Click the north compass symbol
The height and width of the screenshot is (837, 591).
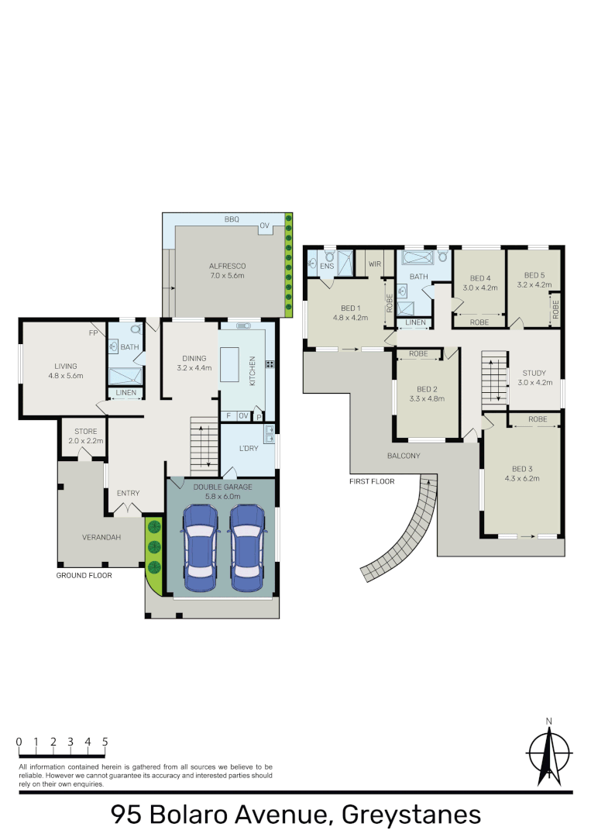tap(549, 753)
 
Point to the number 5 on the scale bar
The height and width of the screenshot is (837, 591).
tap(105, 742)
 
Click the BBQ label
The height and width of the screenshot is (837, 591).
tap(232, 220)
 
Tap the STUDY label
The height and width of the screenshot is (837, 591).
tap(534, 373)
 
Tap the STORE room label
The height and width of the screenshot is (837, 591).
tap(84, 432)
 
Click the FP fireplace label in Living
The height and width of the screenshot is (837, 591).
tap(93, 333)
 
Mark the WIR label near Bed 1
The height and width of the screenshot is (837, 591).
tap(376, 264)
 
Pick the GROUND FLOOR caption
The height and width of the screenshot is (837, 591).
tap(84, 576)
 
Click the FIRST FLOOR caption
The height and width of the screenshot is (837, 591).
tap(371, 481)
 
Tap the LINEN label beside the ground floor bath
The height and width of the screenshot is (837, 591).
tap(125, 393)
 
